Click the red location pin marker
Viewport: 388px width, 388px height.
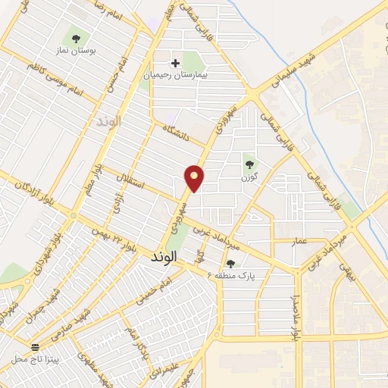pos(195,177)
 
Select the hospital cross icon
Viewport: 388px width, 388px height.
pos(177,63)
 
